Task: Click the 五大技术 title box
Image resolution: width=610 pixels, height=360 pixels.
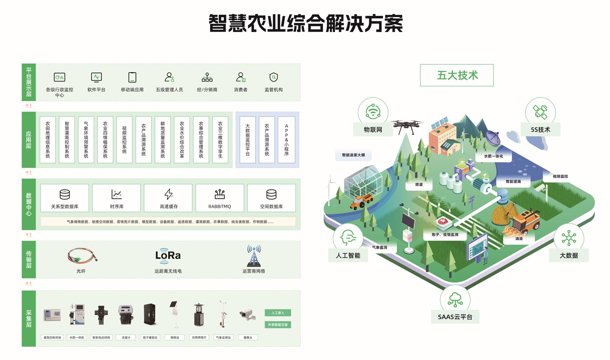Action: pyautogui.click(x=457, y=75)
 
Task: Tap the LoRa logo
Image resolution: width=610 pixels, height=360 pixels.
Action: pyautogui.click(x=168, y=255)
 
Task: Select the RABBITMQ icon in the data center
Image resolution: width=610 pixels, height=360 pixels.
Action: pyautogui.click(x=220, y=194)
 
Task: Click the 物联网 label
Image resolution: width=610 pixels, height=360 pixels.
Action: pyautogui.click(x=373, y=130)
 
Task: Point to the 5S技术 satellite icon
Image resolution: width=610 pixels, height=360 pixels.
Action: pyautogui.click(x=540, y=112)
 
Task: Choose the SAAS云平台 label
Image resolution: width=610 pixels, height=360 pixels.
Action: pyautogui.click(x=455, y=317)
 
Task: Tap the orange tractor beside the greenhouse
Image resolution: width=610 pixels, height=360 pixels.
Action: pyautogui.click(x=362, y=202)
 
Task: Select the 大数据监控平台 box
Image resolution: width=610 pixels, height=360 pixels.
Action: pyautogui.click(x=248, y=140)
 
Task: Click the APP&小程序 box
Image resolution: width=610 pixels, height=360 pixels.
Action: pyautogui.click(x=286, y=140)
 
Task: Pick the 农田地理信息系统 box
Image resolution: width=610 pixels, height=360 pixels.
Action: pyautogui.click(x=48, y=140)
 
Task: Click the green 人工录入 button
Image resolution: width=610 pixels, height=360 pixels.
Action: pyautogui.click(x=278, y=313)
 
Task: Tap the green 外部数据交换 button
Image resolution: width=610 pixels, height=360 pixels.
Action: pyautogui.click(x=278, y=325)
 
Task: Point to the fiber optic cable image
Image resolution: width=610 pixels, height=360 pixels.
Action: pyautogui.click(x=82, y=255)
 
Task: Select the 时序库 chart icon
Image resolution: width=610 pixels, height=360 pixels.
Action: pyautogui.click(x=116, y=194)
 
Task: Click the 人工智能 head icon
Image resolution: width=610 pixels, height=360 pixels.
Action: pyautogui.click(x=348, y=237)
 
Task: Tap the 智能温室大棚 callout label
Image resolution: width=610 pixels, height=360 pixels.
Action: pyautogui.click(x=353, y=155)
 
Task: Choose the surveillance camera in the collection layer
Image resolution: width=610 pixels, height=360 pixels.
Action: pyautogui.click(x=247, y=315)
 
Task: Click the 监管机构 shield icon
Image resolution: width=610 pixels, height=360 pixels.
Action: pyautogui.click(x=273, y=77)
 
